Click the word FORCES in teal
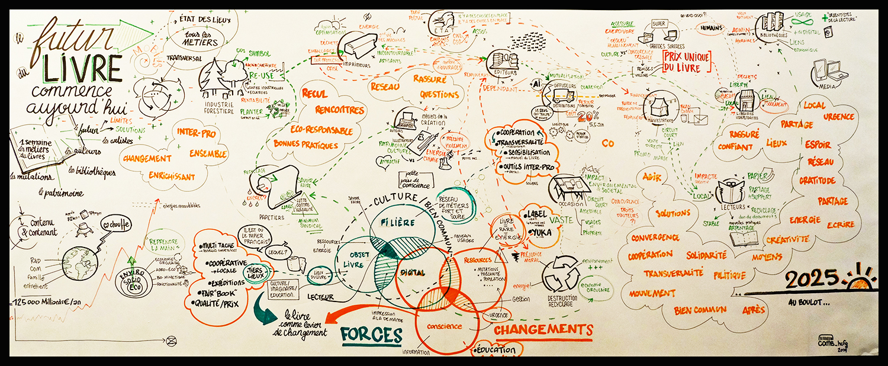[x=371, y=335]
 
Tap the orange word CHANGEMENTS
[x=543, y=329]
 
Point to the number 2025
[x=812, y=278]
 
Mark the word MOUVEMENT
[x=652, y=293]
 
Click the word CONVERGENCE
[x=655, y=237]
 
